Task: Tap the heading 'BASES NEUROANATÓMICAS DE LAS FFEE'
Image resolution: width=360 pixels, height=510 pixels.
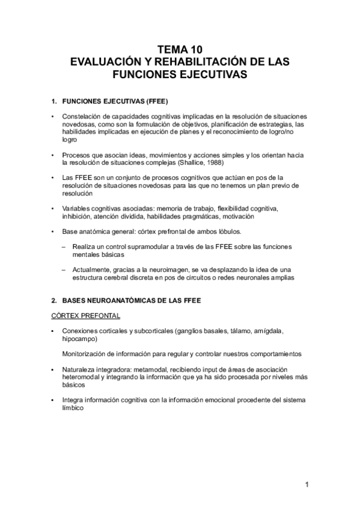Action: (x=133, y=300)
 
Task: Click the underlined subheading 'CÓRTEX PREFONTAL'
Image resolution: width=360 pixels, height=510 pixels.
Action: (x=85, y=315)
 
